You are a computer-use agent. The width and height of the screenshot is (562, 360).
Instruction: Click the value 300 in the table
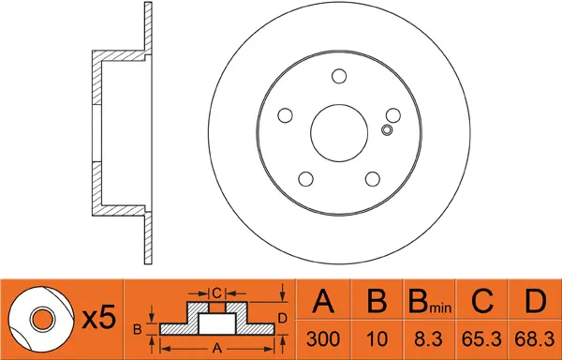(x=323, y=339)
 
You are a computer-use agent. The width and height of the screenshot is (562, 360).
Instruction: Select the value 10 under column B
(x=377, y=339)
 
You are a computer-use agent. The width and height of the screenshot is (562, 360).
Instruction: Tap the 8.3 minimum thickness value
(x=428, y=339)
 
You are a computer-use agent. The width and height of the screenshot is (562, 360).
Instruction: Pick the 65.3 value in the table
(x=481, y=339)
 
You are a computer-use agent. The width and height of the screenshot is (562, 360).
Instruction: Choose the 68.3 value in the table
(x=535, y=339)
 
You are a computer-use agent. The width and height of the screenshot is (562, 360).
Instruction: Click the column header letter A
(x=323, y=301)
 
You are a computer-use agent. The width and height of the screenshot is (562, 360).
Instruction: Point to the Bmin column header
(x=430, y=301)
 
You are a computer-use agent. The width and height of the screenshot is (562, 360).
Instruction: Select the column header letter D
(x=535, y=301)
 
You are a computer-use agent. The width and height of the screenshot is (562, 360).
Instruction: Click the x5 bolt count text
(x=99, y=318)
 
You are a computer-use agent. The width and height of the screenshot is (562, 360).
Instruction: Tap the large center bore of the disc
(x=339, y=133)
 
